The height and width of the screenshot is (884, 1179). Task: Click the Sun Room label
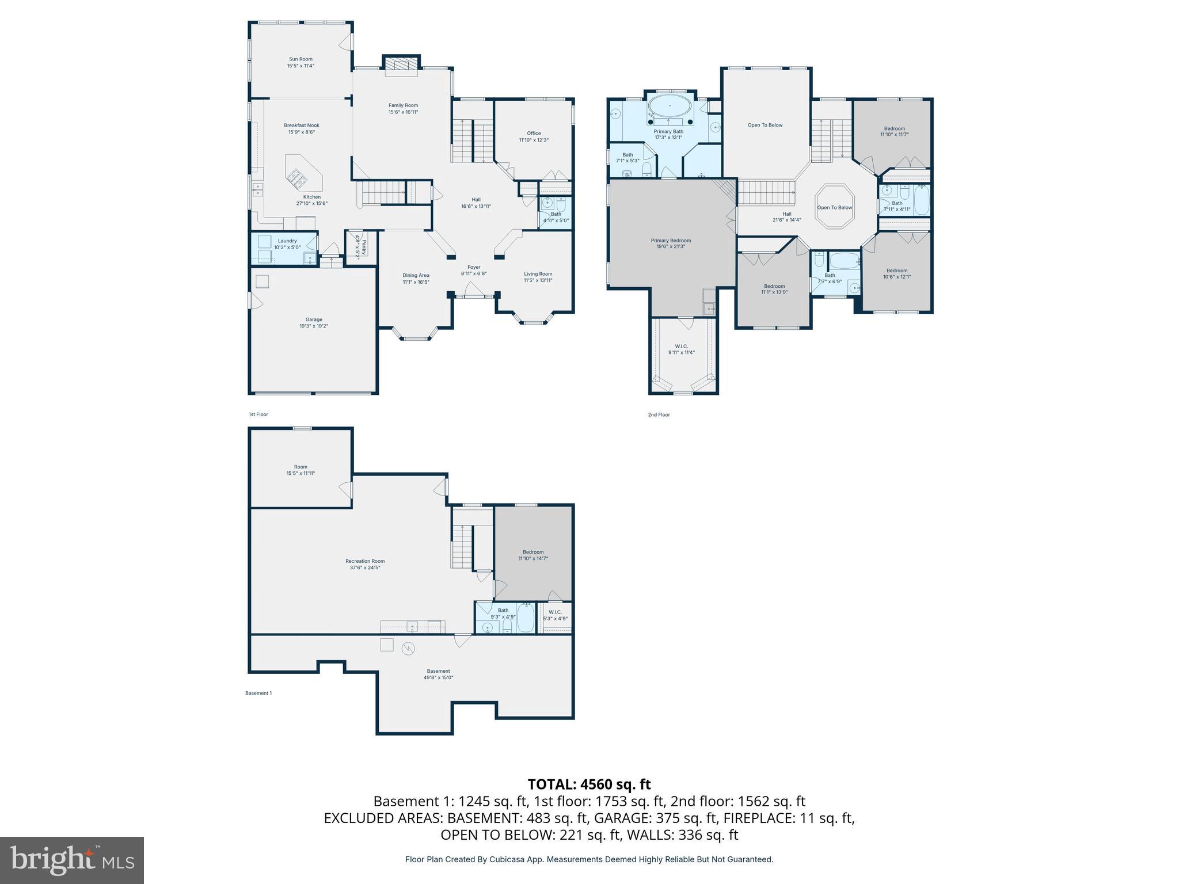coord(301,59)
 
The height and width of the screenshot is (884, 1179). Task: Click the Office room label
coord(534,133)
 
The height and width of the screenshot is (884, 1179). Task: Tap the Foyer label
coord(473,267)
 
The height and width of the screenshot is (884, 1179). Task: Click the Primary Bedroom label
coord(671,241)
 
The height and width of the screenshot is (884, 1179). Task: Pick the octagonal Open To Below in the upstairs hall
coord(834,207)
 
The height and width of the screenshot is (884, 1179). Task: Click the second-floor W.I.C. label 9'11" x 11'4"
coord(681,346)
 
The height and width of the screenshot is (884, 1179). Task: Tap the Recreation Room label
coord(365,561)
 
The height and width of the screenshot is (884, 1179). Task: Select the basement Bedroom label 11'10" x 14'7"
coord(533,552)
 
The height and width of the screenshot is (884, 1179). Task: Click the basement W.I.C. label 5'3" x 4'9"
coord(555,612)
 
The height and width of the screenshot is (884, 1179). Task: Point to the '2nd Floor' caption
coord(659,414)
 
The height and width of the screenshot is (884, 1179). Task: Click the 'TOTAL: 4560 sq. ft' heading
coord(589,784)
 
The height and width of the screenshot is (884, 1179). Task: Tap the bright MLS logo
coord(72,860)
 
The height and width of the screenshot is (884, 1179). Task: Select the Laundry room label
coord(287,241)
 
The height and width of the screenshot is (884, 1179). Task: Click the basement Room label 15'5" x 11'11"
coord(301,467)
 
